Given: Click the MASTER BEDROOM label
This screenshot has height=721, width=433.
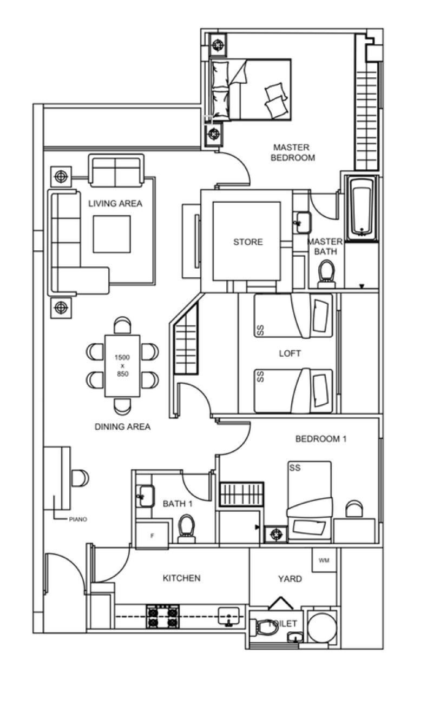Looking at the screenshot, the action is point(292,152).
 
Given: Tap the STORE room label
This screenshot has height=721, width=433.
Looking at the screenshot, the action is point(248,242).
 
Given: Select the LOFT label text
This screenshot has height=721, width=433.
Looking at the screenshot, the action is point(290,353).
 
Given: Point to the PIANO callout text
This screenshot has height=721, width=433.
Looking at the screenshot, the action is point(78,519).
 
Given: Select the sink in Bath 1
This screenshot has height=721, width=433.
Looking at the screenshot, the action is point(146,496).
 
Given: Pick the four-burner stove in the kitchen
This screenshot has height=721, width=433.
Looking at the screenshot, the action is point(163,616).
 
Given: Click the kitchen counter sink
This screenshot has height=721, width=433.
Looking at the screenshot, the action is point(228,616).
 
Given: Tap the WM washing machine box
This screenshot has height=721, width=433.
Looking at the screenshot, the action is point(324,560).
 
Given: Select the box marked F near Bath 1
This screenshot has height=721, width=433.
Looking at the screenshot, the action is point(152,536).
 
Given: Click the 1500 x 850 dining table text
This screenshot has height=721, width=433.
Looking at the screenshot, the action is point(122,366).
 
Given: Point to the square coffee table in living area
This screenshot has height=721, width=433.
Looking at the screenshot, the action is point(112,234).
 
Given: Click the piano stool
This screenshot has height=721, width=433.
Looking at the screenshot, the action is point(80,478).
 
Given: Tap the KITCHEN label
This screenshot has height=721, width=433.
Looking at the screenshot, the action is point(181,578).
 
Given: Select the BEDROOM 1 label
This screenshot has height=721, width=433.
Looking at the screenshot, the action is point(321,439).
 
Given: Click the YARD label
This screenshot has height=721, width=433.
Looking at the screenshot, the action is point(290,579).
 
